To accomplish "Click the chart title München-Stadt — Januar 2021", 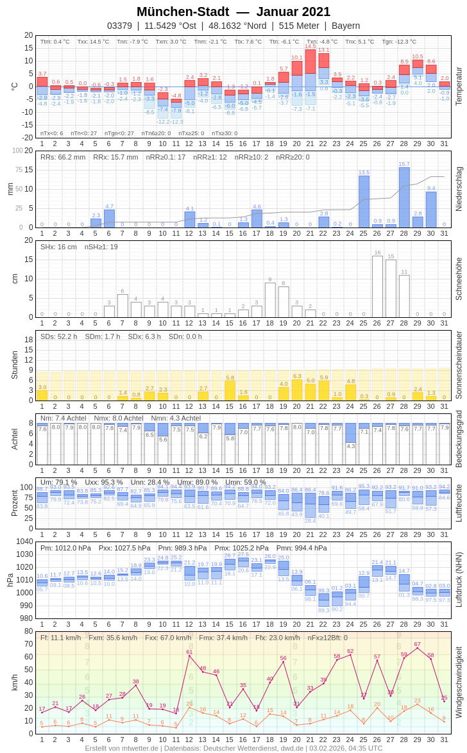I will click(x=234, y=12).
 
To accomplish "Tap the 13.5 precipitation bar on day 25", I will click(x=364, y=201).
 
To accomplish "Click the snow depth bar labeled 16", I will click(x=377, y=286).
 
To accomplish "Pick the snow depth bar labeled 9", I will click(x=270, y=300).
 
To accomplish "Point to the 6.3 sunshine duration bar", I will click(x=297, y=390).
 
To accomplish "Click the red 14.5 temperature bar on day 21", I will click(x=310, y=62).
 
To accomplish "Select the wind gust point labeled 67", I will click(x=418, y=648).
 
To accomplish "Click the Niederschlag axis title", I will click(x=459, y=189).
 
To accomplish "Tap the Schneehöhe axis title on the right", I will click(x=459, y=279).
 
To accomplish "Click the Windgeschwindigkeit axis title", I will click(x=459, y=682).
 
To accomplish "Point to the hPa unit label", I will click(x=10, y=580).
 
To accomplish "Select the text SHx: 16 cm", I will click(x=59, y=247).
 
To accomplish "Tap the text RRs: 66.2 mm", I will click(x=63, y=157).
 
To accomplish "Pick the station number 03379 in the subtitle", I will click(x=119, y=26).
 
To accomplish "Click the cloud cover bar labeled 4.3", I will click(x=350, y=433).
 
